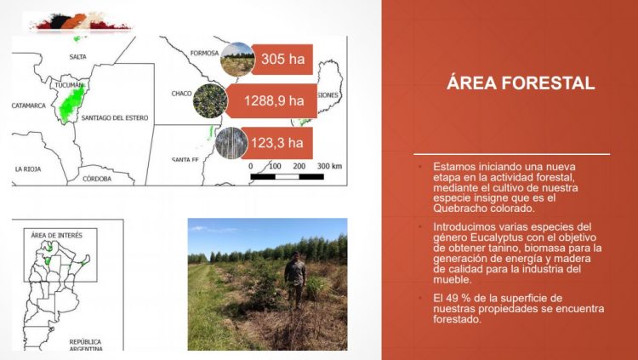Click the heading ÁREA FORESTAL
click(x=521, y=83)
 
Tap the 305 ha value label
click(x=283, y=59)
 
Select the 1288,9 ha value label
click(x=274, y=100)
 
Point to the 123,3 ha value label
click(x=277, y=141)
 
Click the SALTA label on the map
click(x=78, y=56)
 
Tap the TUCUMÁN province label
click(x=69, y=85)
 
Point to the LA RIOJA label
click(x=27, y=169)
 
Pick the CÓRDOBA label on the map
click(x=96, y=179)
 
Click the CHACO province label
click(x=181, y=92)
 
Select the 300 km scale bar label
click(x=329, y=165)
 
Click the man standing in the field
click(x=294, y=280)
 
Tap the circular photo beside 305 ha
click(x=236, y=60)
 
